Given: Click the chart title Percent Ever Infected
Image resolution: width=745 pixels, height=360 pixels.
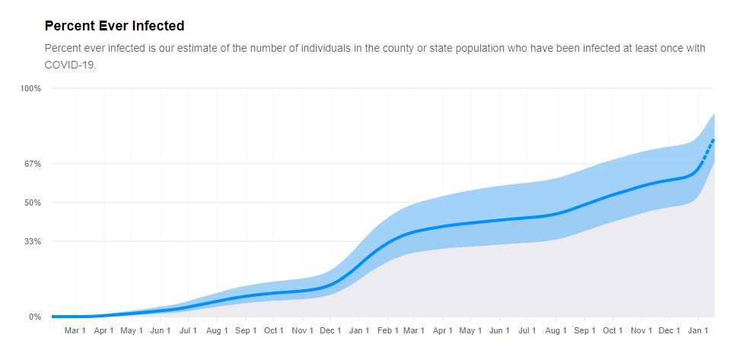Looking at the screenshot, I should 114,26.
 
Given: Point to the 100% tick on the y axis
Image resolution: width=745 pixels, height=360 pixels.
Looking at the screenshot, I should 31,88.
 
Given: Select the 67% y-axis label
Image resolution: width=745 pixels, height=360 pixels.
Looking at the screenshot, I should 33,164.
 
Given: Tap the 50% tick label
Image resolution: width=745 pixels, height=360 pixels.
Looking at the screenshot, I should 33,202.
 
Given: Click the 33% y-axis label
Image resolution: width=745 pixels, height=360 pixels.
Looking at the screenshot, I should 33,241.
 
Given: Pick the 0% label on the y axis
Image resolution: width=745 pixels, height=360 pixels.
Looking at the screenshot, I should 35,317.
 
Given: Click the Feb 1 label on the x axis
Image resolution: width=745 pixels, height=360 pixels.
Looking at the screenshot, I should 387,331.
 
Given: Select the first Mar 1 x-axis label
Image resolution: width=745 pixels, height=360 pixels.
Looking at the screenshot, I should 75,331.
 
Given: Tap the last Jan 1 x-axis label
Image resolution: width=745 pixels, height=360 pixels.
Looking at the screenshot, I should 698,331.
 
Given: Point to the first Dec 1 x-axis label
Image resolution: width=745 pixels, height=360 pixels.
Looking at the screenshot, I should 330,331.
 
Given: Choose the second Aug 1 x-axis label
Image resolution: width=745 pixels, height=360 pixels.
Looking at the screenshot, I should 556,331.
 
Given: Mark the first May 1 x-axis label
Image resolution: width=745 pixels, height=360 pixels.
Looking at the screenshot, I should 132,331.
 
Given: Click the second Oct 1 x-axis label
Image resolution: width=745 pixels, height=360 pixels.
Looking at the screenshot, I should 613,331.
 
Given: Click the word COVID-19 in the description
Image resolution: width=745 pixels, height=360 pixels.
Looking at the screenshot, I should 70,65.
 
